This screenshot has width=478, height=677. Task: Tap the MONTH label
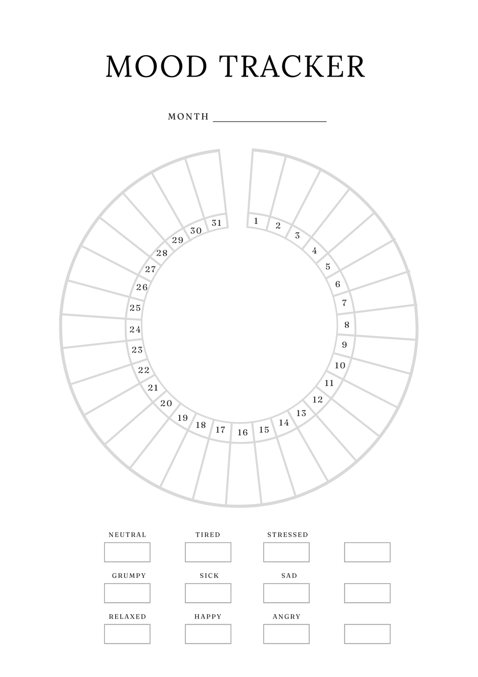tap(188, 116)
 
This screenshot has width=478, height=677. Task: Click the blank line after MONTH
tap(270, 122)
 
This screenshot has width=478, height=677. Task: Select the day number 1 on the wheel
tap(256, 221)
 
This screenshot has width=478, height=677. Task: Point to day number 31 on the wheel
tap(217, 223)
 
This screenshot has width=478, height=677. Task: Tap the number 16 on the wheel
tap(242, 432)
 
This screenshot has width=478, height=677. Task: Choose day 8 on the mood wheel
tap(347, 324)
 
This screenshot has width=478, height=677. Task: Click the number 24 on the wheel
tap(135, 330)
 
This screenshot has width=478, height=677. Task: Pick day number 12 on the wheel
tap(317, 400)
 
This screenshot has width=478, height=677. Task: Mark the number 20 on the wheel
tap(166, 403)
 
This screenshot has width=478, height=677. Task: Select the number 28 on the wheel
tap(162, 252)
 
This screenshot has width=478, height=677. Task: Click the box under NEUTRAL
tap(127, 552)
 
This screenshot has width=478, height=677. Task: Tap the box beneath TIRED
tap(208, 552)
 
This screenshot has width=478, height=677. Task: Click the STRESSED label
tap(288, 535)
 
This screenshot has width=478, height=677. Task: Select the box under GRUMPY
tap(127, 593)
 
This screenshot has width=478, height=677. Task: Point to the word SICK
tap(209, 576)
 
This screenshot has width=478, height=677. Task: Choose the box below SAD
tap(286, 593)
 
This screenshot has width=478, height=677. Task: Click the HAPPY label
tap(208, 617)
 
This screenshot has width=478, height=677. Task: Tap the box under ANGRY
tap(286, 634)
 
